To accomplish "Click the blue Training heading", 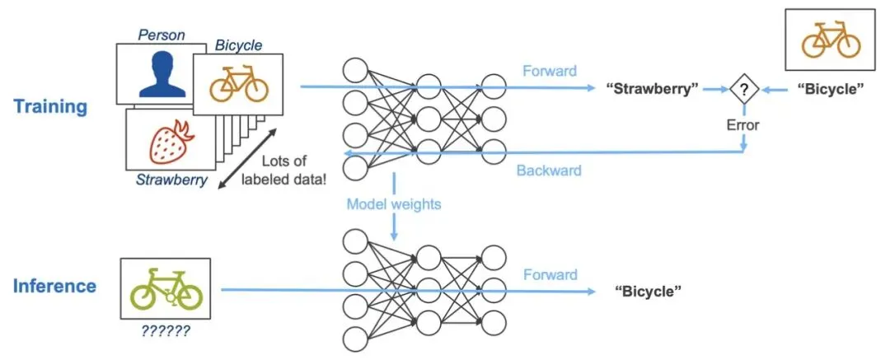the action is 50,107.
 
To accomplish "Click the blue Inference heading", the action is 54,286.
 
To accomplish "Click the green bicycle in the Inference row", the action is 166,290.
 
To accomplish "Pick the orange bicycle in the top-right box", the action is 831,40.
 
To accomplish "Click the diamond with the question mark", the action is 743,89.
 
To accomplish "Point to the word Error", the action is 743,125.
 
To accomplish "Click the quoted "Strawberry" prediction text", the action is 651,89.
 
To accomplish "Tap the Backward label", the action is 549,171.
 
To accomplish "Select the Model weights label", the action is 393,203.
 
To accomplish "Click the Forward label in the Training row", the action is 550,71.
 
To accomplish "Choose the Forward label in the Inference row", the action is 550,275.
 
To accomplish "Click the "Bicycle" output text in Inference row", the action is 649,292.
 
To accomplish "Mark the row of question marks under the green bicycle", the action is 165,330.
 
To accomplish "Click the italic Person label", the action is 162,35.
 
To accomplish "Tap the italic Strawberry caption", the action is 171,180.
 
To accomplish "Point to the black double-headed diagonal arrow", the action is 249,157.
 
